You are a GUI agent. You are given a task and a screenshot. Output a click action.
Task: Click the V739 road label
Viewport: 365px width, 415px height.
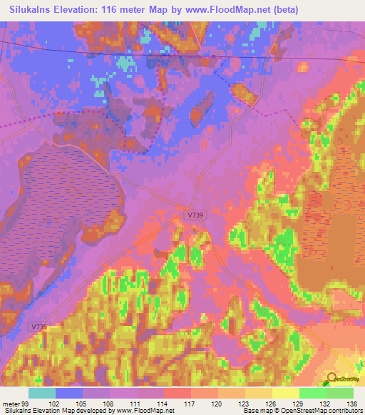click(x=196, y=215)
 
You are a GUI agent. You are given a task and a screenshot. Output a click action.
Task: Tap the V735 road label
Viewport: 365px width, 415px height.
click(x=39, y=327)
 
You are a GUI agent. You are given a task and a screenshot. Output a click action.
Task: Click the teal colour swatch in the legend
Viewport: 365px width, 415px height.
click(x=41, y=393)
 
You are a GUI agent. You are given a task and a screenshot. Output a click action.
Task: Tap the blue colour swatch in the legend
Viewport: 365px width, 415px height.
click(x=68, y=393)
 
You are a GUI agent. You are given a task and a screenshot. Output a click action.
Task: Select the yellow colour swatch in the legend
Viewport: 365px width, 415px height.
click(x=284, y=393)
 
